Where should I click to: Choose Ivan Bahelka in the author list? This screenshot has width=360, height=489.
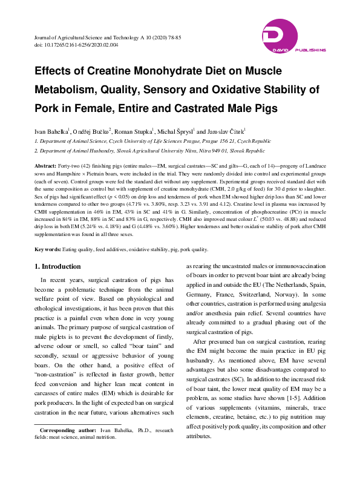pos(51,130)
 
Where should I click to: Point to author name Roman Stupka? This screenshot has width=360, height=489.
pos(133,130)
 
